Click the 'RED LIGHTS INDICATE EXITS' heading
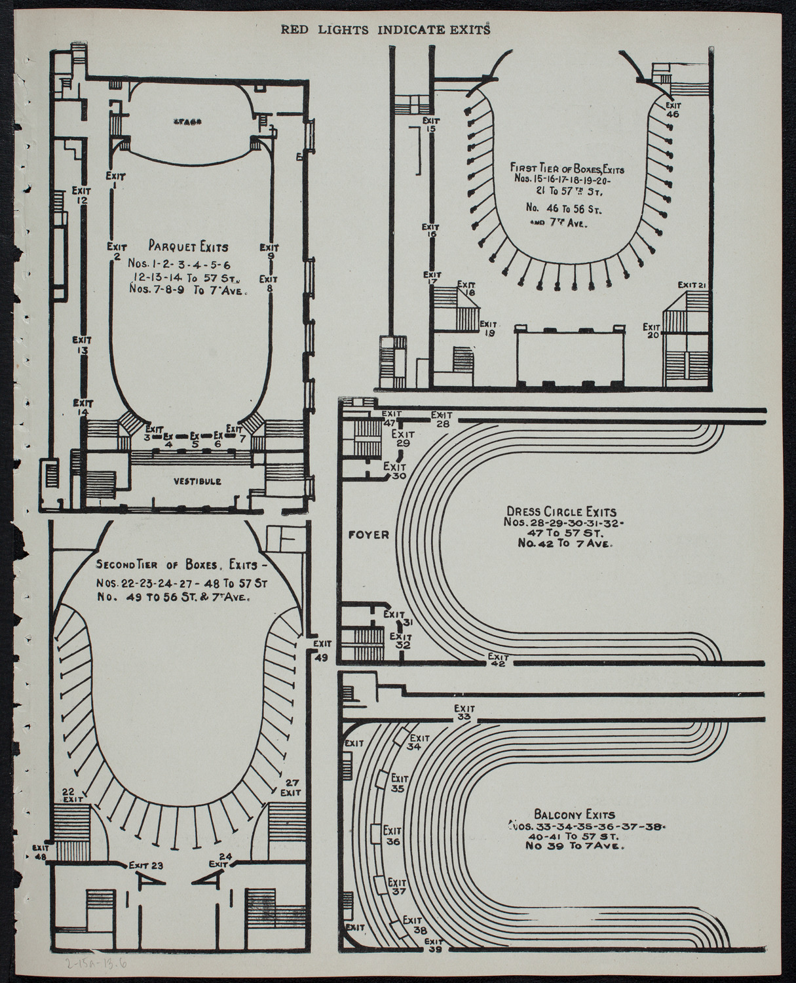[x=386, y=29]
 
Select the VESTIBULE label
[x=197, y=481]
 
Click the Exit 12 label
[x=81, y=195]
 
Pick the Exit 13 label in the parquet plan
[x=82, y=345]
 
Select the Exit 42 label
[x=499, y=660]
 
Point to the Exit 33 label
[x=464, y=712]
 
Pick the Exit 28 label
[x=442, y=419]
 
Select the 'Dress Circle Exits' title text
[x=561, y=511]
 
